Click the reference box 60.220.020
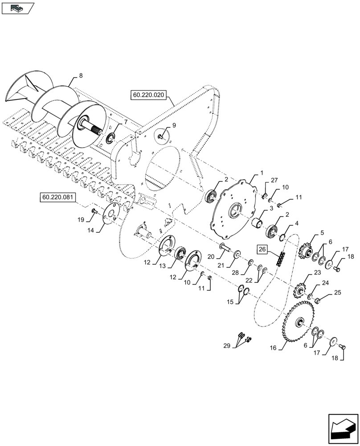148,95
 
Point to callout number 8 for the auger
81,76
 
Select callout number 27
274,180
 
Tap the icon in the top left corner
17,7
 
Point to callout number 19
80,219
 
